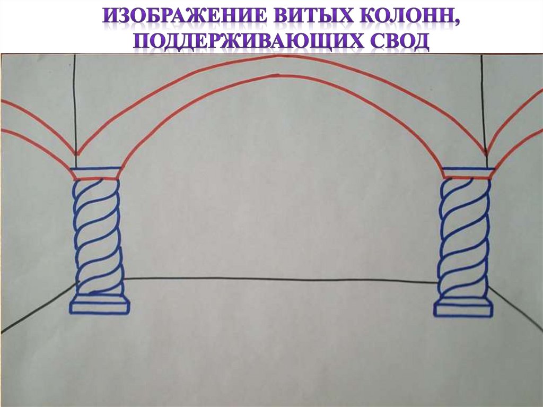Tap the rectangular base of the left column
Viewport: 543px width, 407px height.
(100, 306)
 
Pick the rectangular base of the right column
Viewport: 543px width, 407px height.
(463, 309)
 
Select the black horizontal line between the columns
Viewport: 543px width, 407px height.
(281, 280)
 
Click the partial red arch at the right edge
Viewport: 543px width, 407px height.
(517, 122)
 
